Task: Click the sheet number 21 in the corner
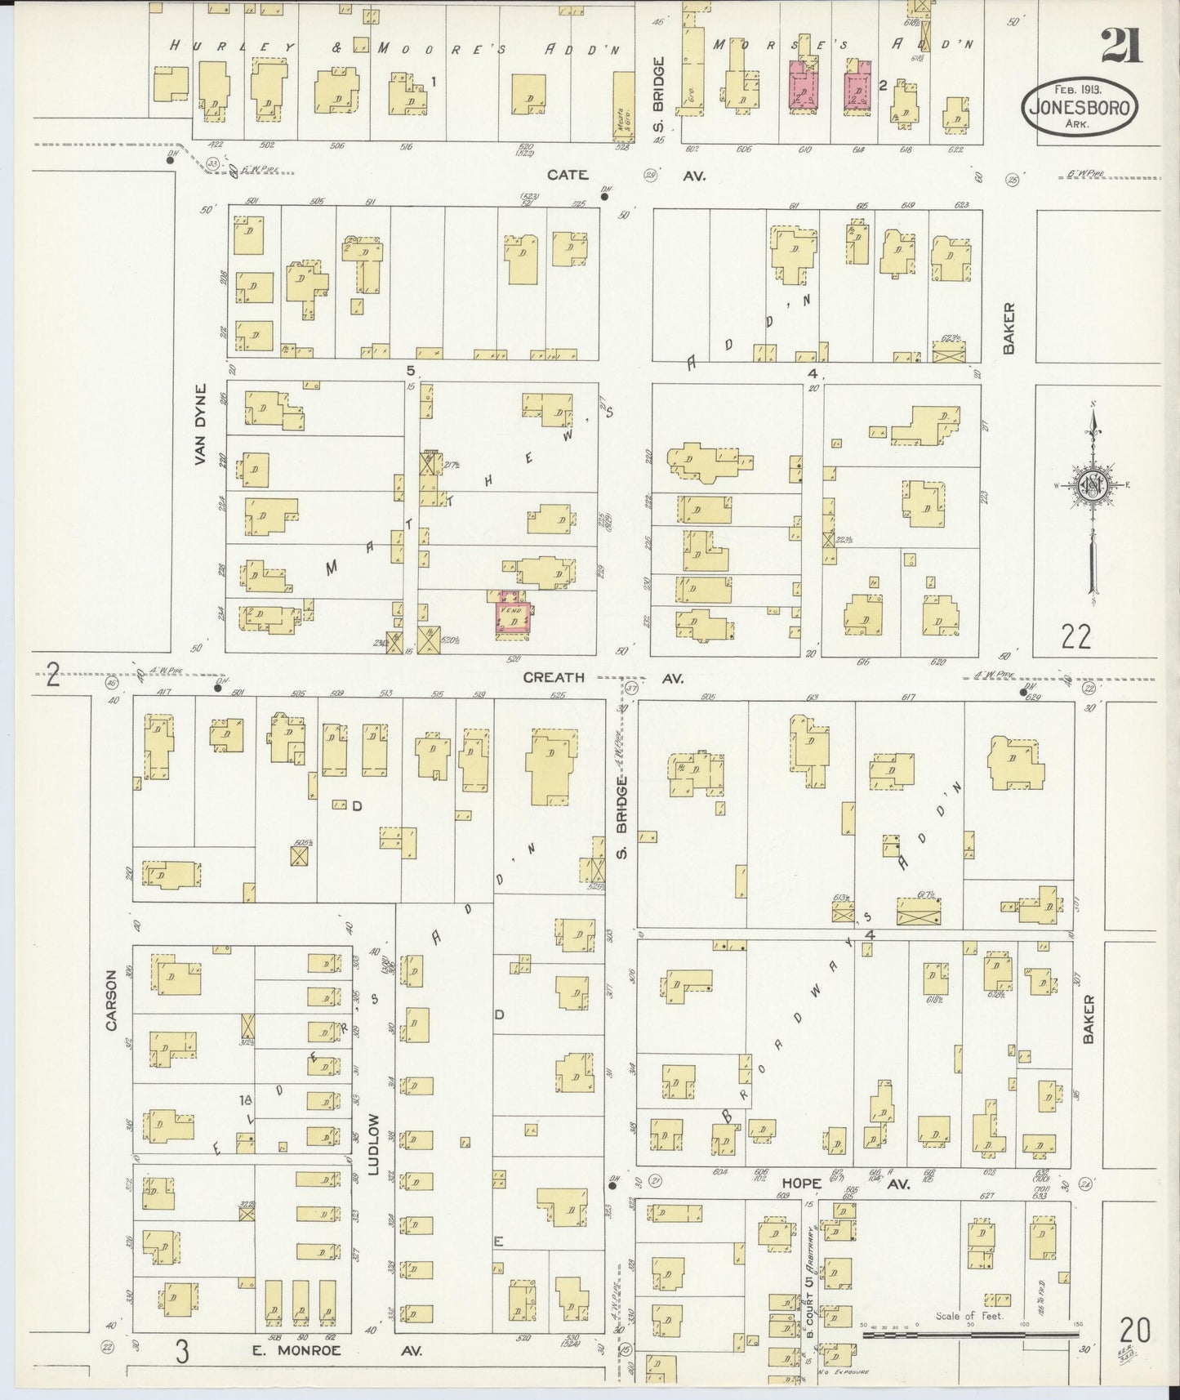pos(1120,45)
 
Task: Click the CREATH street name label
pos(554,677)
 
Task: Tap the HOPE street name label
pos(800,1181)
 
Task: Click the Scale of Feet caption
pos(968,1316)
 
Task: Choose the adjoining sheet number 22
pos(1076,635)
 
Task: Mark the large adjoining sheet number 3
pos(181,1351)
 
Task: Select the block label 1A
pos(243,1099)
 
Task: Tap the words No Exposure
pos(848,1373)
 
